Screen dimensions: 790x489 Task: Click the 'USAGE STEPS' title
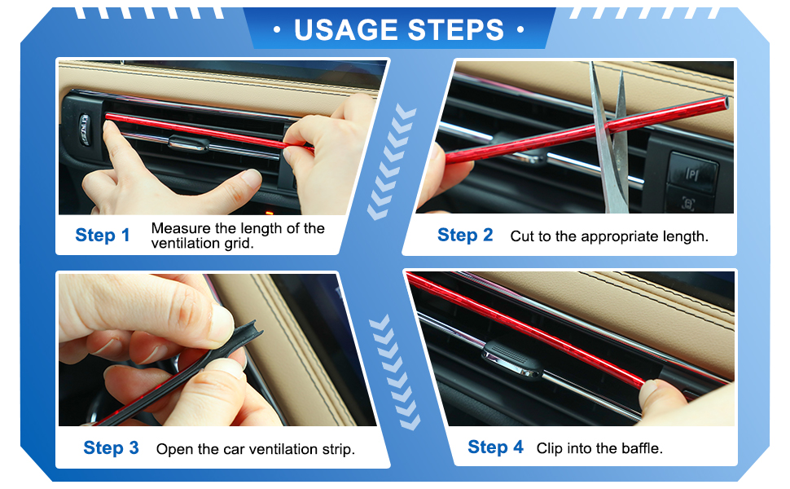click(399, 29)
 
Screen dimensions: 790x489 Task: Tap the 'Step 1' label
click(103, 235)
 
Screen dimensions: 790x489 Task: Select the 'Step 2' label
click(465, 235)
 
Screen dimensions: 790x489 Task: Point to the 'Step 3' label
click(111, 447)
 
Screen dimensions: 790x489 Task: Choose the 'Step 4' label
click(495, 447)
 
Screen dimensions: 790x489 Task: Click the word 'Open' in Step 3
click(173, 449)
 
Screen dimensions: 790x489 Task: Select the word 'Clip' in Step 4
click(549, 447)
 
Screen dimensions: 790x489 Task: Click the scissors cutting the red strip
click(611, 141)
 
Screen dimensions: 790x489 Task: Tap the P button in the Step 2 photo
click(692, 174)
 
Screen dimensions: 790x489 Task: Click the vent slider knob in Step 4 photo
click(512, 359)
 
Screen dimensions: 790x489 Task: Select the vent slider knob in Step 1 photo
click(188, 143)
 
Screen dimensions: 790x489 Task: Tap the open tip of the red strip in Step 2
click(725, 104)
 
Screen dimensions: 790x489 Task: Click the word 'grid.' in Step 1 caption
click(239, 244)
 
